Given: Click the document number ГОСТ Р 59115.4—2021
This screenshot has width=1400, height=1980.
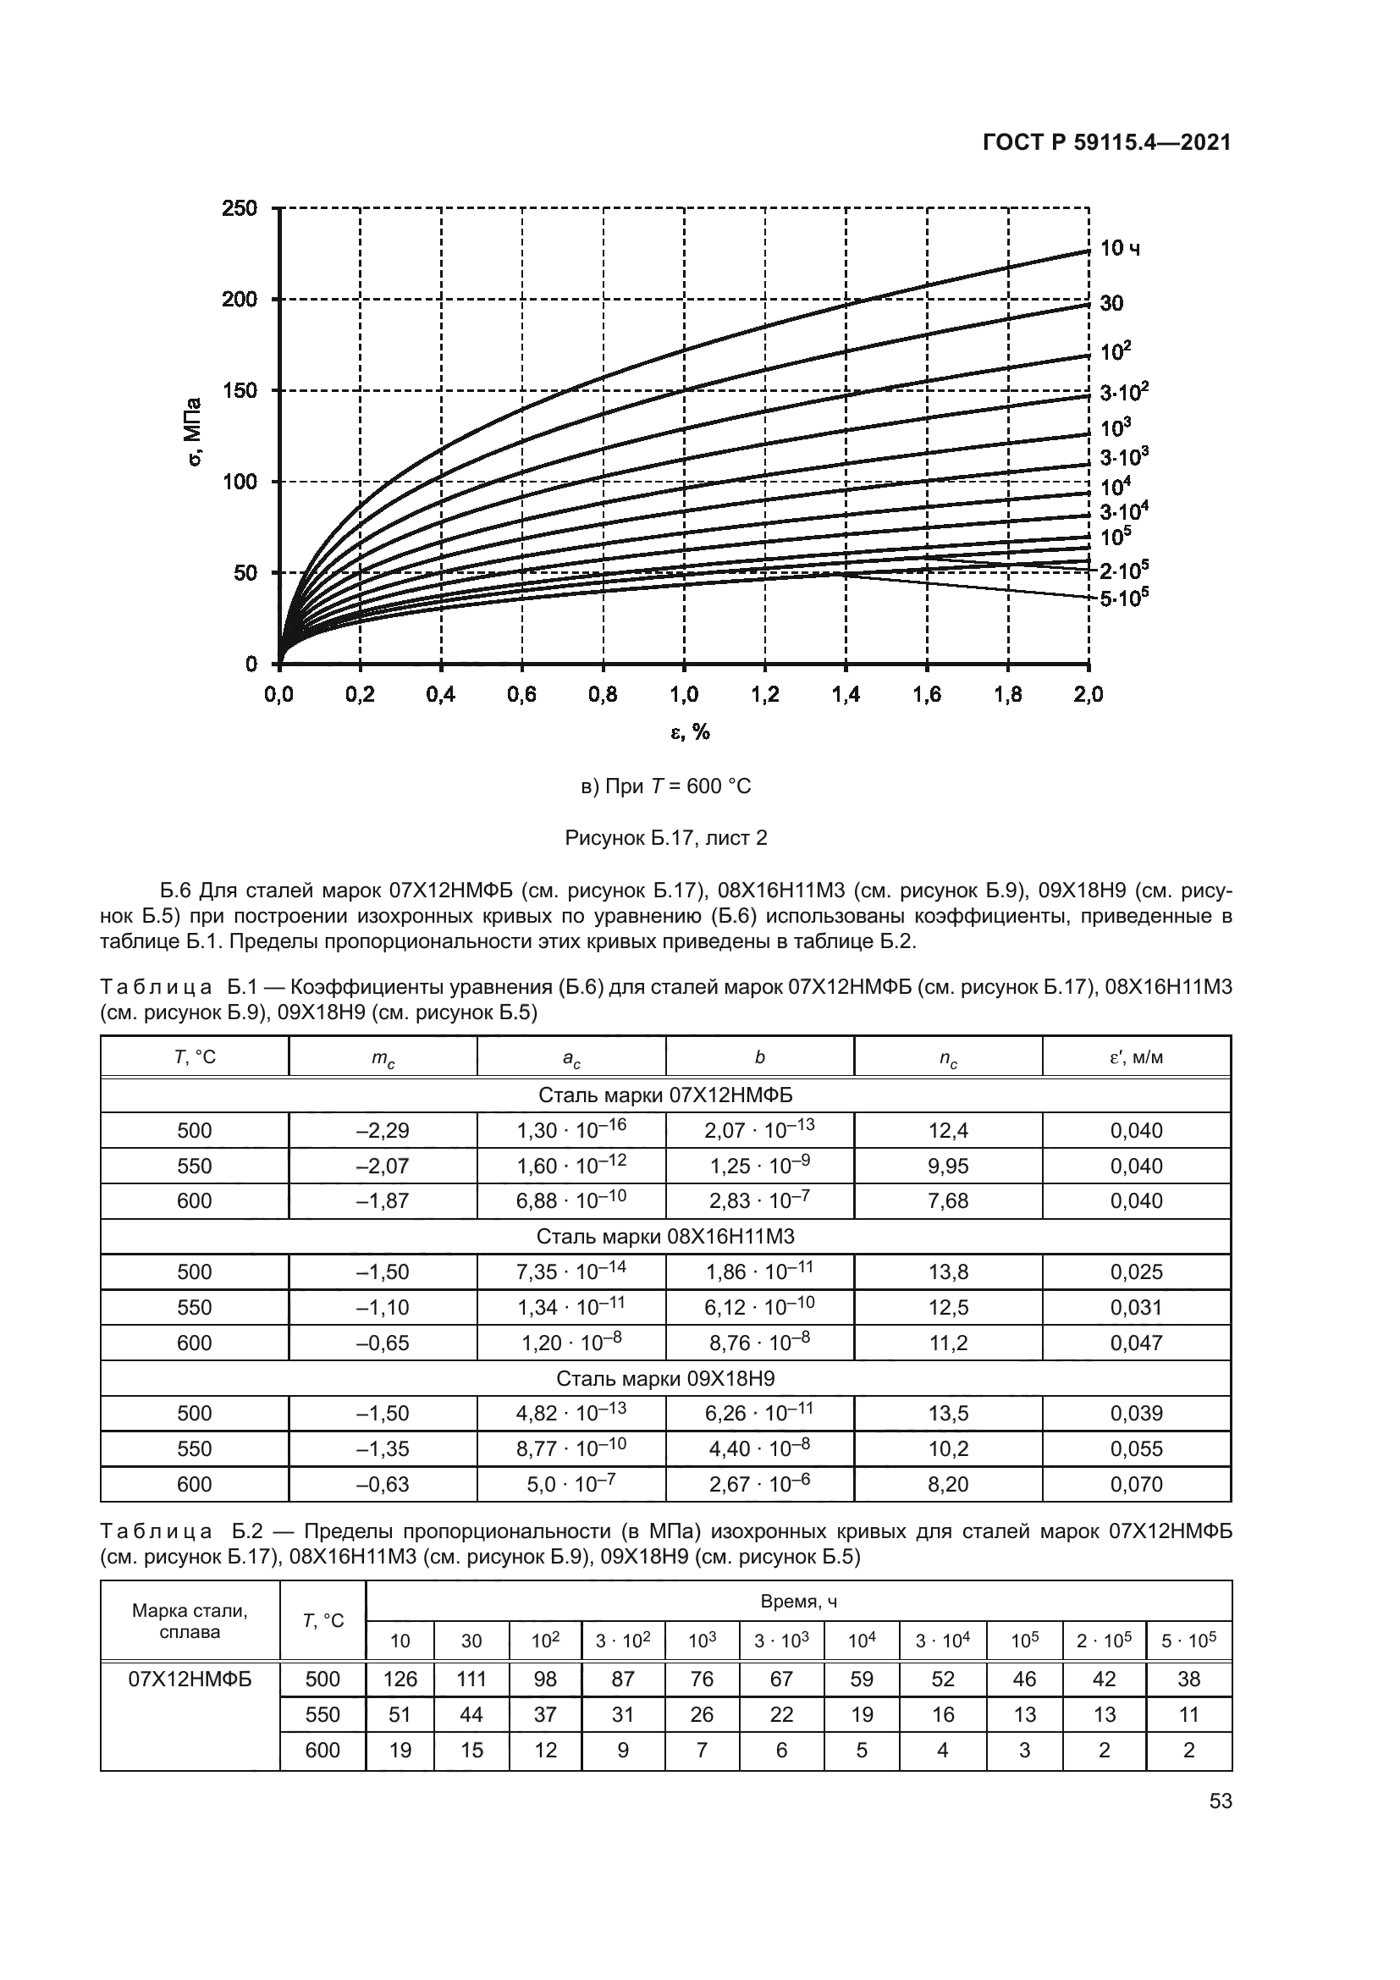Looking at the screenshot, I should coord(1106,143).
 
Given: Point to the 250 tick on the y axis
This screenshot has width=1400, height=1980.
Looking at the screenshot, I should coord(240,209).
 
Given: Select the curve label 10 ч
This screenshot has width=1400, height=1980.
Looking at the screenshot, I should coord(1120,249).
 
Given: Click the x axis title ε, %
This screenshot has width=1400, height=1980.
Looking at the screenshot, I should coord(690,732).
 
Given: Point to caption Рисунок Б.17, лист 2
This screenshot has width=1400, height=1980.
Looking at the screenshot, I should coord(665,837).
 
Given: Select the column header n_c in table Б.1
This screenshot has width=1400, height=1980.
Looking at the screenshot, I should coord(947,1057).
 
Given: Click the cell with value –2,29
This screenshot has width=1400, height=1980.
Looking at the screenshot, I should coord(382,1131).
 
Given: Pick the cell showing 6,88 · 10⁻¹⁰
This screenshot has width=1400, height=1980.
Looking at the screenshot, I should coord(570,1201).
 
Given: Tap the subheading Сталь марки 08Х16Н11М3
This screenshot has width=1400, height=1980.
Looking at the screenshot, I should coord(665,1237).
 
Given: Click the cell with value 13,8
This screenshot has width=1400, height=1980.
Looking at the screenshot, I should coord(947,1272).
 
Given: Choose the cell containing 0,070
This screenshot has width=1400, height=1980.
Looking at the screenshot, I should coord(1135,1484).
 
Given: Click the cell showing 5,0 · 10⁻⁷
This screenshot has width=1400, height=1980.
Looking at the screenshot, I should coord(570,1484).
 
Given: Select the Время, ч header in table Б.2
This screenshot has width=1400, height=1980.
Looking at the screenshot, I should coord(798,1602).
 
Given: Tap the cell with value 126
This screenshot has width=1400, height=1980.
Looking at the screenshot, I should coord(400,1679).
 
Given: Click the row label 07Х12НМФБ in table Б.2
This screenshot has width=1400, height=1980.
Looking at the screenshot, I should coord(190,1679).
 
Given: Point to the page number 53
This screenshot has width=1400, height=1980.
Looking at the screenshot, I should coord(1220,1801).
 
